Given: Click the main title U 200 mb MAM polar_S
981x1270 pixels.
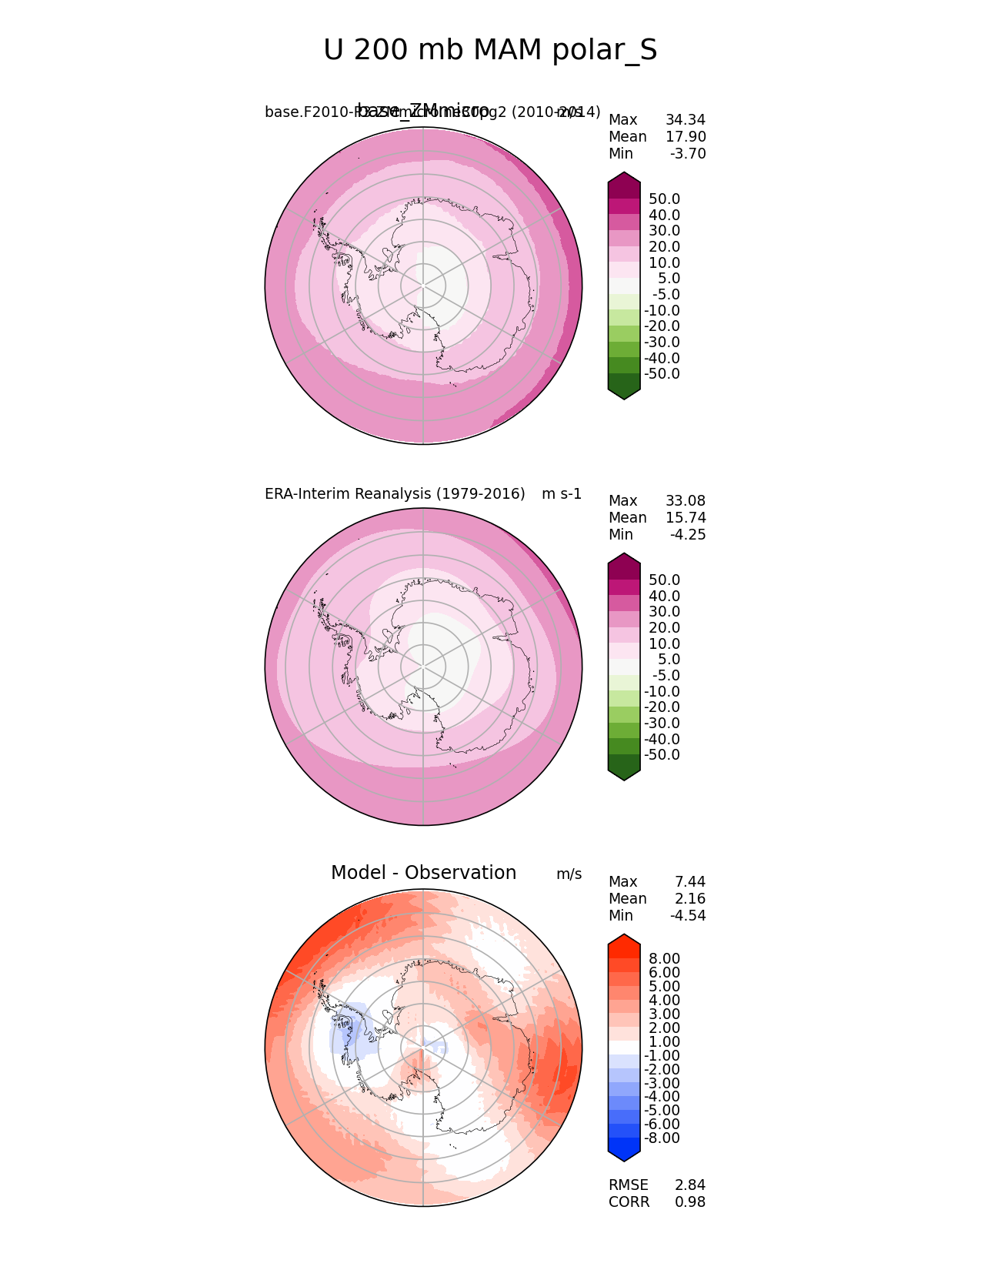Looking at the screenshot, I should coord(490,51).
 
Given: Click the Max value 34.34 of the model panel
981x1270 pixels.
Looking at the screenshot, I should coord(685,120).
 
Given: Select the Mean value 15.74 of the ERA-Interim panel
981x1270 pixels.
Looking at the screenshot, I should coord(685,518).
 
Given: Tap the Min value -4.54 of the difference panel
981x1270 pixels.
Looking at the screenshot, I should coord(687,916).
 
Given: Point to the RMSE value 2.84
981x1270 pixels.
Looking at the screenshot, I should coord(689,1185).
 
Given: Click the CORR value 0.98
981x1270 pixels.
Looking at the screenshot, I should coord(689,1202).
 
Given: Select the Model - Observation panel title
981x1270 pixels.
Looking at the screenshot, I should coord(423,873).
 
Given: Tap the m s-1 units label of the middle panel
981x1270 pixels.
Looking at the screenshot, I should coord(562,494).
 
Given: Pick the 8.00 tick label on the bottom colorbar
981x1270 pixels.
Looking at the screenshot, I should coord(664,959).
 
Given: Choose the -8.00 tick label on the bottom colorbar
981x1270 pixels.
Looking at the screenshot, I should coord(662,1138).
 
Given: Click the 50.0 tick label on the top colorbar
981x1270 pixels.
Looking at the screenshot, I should coord(664,199).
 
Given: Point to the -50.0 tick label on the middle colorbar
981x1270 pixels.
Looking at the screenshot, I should coord(662,755).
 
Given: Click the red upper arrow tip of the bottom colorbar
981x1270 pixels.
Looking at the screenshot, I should coord(624,940).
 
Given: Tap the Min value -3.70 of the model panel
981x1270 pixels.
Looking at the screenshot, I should coord(687,154).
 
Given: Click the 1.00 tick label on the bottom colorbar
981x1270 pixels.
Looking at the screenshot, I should coord(664,1042).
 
